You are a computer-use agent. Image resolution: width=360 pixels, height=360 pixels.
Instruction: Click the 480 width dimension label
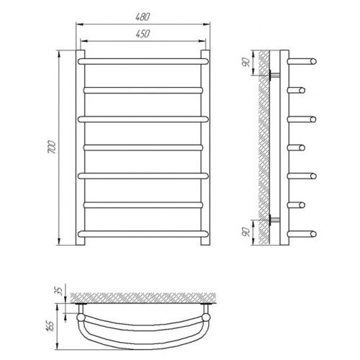(x=143, y=17)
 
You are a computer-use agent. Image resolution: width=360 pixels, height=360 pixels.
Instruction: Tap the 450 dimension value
(x=143, y=34)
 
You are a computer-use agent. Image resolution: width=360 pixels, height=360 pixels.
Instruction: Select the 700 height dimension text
(x=52, y=148)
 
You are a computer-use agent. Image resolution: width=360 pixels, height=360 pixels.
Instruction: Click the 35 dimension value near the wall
(x=59, y=291)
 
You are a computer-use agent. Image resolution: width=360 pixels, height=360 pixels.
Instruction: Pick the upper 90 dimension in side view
(x=246, y=63)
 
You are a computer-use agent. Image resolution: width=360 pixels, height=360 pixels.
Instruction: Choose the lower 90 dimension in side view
(x=246, y=232)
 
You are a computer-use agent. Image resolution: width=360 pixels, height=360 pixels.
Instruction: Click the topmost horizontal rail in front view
(x=143, y=61)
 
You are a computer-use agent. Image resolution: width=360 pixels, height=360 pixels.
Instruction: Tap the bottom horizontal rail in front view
(x=143, y=234)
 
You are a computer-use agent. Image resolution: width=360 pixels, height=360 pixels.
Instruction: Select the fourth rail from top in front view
(x=143, y=148)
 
